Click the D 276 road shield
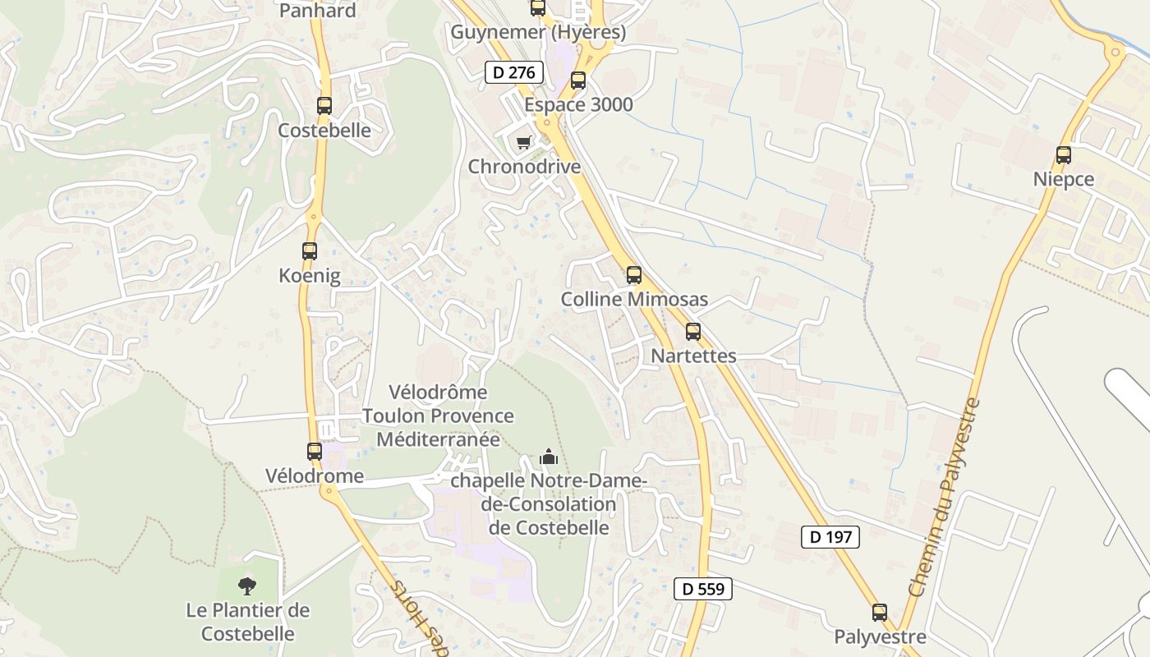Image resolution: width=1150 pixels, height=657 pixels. point(514,72)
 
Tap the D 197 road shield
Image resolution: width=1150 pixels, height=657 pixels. point(830,537)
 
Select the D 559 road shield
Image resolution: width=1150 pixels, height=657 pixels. point(702,588)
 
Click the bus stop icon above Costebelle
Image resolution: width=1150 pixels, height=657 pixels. point(324,106)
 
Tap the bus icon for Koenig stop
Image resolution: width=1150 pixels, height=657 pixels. point(310,251)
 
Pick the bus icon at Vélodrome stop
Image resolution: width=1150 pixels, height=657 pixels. point(315,451)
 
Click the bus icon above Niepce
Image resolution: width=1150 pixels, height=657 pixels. point(1064,154)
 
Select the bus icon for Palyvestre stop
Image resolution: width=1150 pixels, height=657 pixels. point(880,612)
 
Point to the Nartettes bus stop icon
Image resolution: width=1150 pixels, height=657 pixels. point(693,332)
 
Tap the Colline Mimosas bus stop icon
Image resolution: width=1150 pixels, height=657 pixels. point(634,275)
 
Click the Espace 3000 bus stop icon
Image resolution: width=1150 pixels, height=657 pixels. point(578,80)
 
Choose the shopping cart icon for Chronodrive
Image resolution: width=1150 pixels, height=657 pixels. point(524,142)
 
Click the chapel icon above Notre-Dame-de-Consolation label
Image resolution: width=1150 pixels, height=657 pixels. point(549,457)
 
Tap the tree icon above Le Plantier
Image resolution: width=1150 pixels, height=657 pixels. point(247,586)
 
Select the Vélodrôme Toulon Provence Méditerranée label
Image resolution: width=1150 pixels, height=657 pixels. point(438,416)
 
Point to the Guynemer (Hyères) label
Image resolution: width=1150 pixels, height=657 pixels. point(538,33)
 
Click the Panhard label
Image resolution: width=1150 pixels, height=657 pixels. point(318,11)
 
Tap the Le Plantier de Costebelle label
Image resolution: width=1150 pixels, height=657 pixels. point(248,622)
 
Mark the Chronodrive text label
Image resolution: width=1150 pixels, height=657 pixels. point(524,167)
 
